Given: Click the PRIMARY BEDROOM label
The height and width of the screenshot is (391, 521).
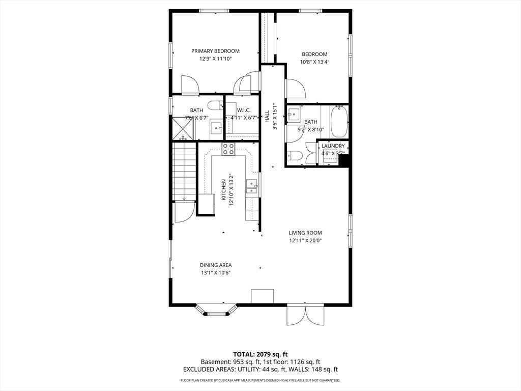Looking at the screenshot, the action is pos(215,51).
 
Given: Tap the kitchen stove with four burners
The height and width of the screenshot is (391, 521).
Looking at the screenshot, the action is pos(228,149).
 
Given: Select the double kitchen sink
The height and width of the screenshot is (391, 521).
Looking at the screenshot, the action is pos(252,186).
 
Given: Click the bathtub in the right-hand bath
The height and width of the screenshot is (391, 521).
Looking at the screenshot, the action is pos(339,121).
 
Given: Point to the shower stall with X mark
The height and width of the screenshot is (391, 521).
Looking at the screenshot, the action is pos(183,128).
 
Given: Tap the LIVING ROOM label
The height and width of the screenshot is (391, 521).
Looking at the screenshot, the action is pos(305,233).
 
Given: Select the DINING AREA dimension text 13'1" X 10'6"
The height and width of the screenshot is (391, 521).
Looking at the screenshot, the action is pos(216,273).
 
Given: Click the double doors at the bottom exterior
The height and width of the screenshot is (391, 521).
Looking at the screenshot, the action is pos(305,315).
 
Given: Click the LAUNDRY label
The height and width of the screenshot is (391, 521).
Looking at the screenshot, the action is pos(333,146).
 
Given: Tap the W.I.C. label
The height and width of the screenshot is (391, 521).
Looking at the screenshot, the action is pos(244,110).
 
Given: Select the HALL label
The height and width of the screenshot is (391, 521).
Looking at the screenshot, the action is pos(268,117).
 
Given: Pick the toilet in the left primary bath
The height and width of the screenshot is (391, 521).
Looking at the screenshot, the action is pos(215,105).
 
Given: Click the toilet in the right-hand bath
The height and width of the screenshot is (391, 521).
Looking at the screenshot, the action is pos(295,156).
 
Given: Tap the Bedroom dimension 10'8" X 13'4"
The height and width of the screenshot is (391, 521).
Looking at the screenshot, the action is pos(314,62).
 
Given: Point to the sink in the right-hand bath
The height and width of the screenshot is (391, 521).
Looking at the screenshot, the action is pos(294,115).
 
